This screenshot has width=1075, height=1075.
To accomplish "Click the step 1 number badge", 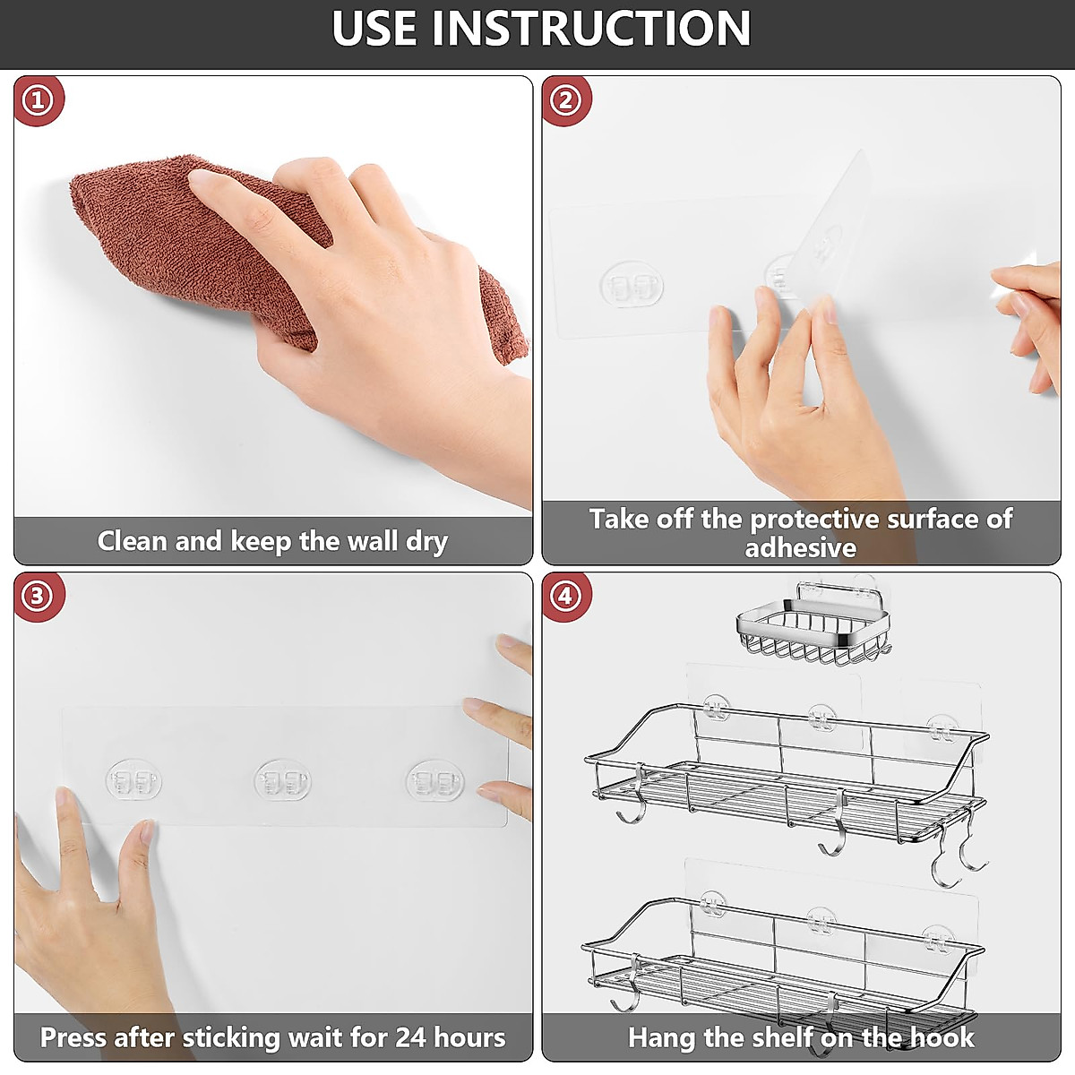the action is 39,101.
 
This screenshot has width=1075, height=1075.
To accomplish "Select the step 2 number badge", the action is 565,101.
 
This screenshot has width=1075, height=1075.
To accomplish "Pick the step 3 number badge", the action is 38,597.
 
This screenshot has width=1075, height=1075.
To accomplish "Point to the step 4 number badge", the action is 565,597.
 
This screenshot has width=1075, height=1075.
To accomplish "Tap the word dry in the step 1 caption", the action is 426,542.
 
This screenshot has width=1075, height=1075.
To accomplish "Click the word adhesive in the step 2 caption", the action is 801,548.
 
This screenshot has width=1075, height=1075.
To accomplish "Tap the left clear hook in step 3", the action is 133,780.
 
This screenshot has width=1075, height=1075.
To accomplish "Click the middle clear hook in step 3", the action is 282,780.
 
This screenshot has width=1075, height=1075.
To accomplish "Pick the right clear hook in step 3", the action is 434,780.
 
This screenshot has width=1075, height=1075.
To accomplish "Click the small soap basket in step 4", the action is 814,624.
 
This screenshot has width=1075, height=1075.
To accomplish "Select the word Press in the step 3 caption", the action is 73,1038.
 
